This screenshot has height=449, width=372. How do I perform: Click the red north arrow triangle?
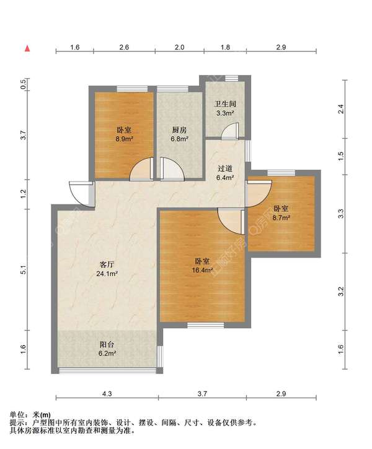click(x=27, y=48)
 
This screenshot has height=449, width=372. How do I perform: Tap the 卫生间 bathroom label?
click(x=225, y=103)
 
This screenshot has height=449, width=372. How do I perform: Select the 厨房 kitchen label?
click(x=179, y=130)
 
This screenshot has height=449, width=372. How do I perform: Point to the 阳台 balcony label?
click(x=107, y=344)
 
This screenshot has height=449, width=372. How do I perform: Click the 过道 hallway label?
click(x=225, y=168)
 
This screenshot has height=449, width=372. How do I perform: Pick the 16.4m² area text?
click(x=202, y=270)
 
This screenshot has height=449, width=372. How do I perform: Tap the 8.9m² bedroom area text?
click(x=125, y=139)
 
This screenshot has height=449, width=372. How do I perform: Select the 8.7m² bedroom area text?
click(x=281, y=218)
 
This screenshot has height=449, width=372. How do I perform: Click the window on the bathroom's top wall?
click(x=231, y=78)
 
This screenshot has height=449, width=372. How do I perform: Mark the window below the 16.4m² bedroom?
click(x=205, y=325)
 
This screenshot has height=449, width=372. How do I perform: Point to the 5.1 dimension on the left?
click(x=24, y=270)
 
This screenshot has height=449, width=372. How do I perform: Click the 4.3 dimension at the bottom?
click(x=107, y=394)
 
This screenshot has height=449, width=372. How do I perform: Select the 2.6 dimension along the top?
click(x=124, y=47)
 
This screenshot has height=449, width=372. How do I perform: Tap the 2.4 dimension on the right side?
click(x=340, y=109)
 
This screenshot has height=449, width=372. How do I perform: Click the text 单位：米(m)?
click(x=30, y=414)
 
